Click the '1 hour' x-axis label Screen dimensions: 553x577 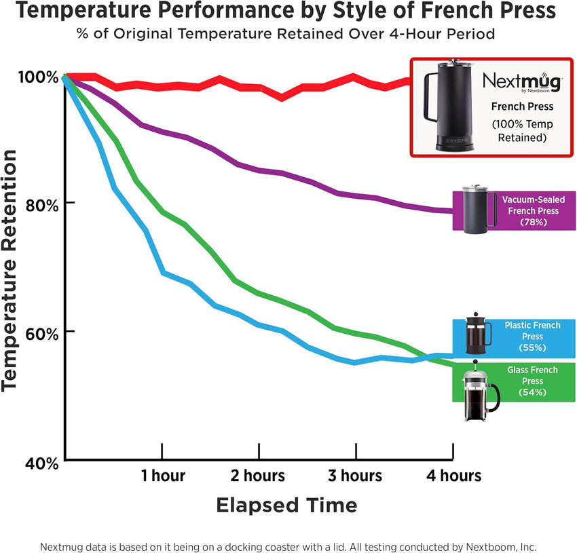point(163,476)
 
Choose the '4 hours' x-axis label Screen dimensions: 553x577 point(453,476)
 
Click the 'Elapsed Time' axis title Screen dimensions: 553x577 point(286,506)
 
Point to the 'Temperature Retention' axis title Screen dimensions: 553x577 point(10,270)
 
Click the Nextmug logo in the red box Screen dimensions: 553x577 point(522,83)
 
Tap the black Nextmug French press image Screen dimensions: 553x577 point(449,107)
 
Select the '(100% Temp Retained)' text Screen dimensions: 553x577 point(522,131)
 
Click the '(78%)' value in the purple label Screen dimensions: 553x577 point(530,222)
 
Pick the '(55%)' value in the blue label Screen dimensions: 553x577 point(532,347)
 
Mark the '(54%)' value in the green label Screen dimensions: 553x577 point(532,392)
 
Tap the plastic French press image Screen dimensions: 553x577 point(479,335)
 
